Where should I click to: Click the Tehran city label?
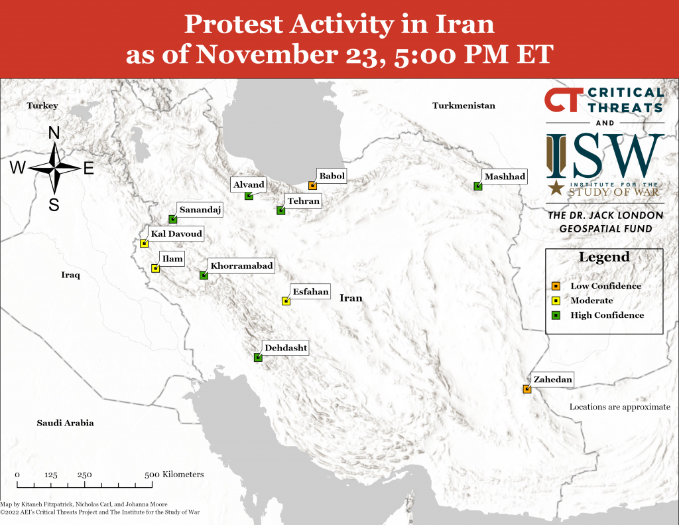point(304,201)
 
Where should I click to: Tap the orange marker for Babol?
point(312,186)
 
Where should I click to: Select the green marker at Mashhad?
point(477,186)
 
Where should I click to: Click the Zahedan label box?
point(552,380)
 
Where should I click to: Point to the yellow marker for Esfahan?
point(286,301)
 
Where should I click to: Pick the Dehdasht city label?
point(286,347)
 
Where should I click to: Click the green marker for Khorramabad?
point(204,275)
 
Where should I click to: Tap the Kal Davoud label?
point(176,234)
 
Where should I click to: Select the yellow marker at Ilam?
point(155,268)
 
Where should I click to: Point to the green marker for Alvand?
point(249,196)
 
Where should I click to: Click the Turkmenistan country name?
point(463,106)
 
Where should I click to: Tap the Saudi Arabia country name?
point(65,423)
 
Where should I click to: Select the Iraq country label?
point(70,275)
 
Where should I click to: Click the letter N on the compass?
point(54,133)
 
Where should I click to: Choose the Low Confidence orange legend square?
point(556,286)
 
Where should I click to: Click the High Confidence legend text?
point(607,315)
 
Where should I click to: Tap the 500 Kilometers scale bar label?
point(174,475)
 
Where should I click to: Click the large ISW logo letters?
point(605,157)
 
